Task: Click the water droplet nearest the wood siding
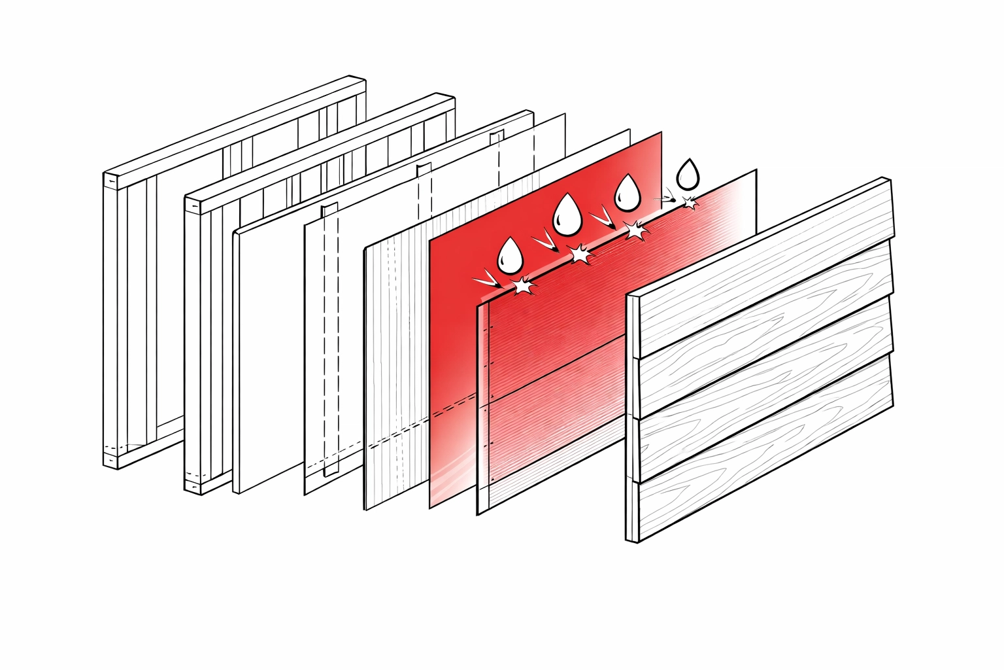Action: pos(687,173)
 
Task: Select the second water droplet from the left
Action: pos(567,215)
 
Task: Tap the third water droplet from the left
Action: pos(627,192)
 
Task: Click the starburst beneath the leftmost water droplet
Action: pos(522,286)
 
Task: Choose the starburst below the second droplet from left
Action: pos(579,254)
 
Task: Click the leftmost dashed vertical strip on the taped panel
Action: pos(329,340)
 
